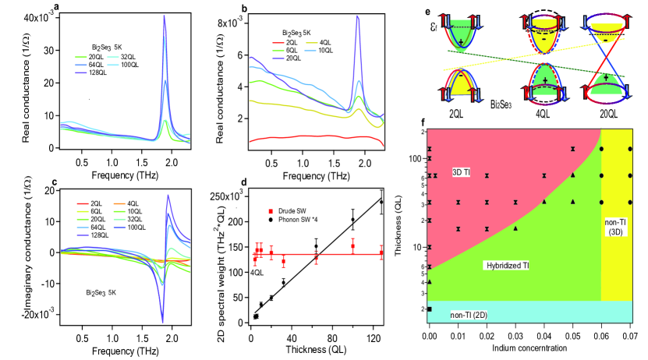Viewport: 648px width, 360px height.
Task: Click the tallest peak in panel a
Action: (165, 17)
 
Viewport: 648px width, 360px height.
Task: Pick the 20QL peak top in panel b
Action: (358, 18)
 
